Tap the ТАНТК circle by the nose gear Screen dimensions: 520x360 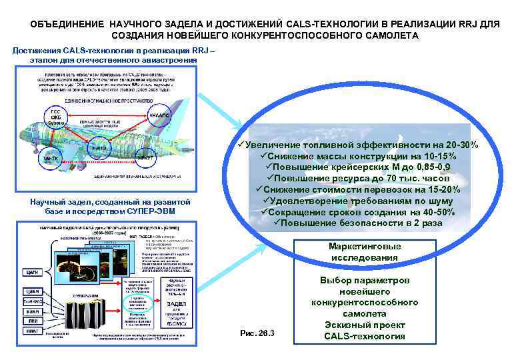(51, 158)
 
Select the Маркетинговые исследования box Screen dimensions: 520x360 (365, 252)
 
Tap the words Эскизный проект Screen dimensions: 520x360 (365, 325)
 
